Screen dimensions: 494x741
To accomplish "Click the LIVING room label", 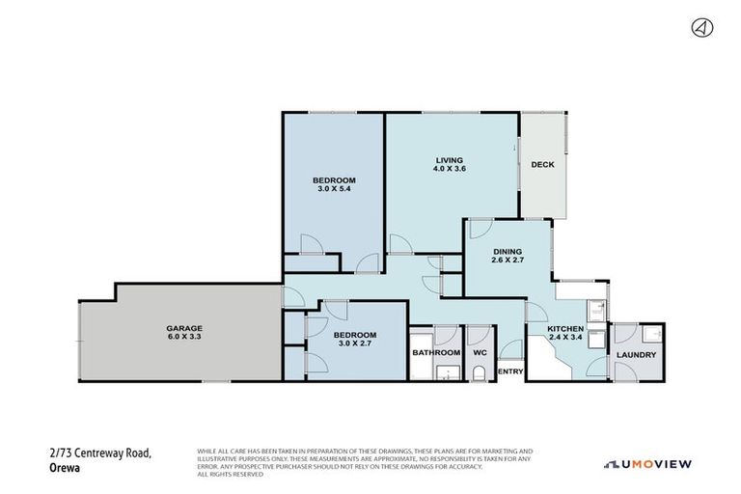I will (x=449, y=160).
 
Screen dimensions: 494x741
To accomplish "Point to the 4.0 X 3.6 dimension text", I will (x=449, y=170).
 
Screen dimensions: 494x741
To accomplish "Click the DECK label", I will (x=542, y=165).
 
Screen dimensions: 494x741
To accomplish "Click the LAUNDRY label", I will (x=638, y=355).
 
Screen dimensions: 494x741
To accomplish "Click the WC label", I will (x=479, y=353).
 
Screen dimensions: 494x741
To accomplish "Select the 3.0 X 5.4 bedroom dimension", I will (x=336, y=189).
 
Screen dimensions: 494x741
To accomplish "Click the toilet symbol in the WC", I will (x=479, y=376).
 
